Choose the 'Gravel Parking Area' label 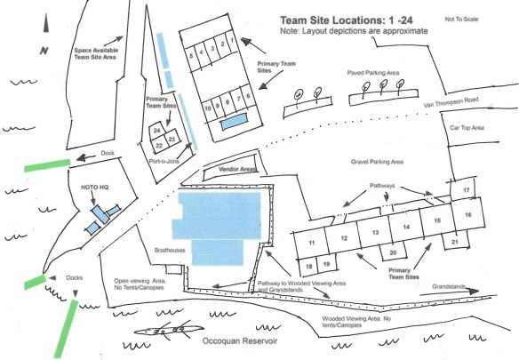point(371,162)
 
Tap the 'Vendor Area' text point(236,167)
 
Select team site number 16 point(466,215)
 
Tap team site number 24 point(156,131)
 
